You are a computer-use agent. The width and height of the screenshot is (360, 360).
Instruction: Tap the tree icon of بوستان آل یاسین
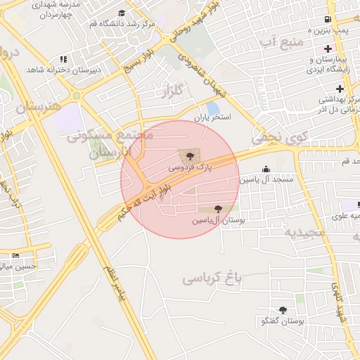pyautogui.click(x=218, y=209)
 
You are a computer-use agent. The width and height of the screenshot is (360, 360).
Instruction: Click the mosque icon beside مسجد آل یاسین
pyautogui.click(x=266, y=169)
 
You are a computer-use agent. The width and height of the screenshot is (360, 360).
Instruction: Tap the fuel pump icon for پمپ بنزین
pyautogui.click(x=327, y=20)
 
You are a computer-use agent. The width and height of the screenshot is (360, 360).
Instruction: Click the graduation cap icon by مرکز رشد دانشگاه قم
pyautogui.click(x=122, y=13)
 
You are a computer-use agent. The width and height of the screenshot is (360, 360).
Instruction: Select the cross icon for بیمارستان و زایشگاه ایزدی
pyautogui.click(x=327, y=49)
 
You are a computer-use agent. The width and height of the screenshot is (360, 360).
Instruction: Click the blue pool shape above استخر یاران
pyautogui.click(x=212, y=108)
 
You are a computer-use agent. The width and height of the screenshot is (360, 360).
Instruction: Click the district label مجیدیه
pyautogui.click(x=305, y=231)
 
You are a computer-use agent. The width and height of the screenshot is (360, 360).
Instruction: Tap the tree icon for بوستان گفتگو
pyautogui.click(x=283, y=310)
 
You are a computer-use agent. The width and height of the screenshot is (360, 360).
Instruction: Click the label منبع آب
pyautogui.click(x=281, y=44)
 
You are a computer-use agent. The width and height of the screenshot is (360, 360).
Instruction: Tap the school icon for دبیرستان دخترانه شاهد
pyautogui.click(x=64, y=59)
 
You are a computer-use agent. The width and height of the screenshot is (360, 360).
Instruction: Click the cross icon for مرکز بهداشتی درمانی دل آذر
pyautogui.click(x=340, y=89)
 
